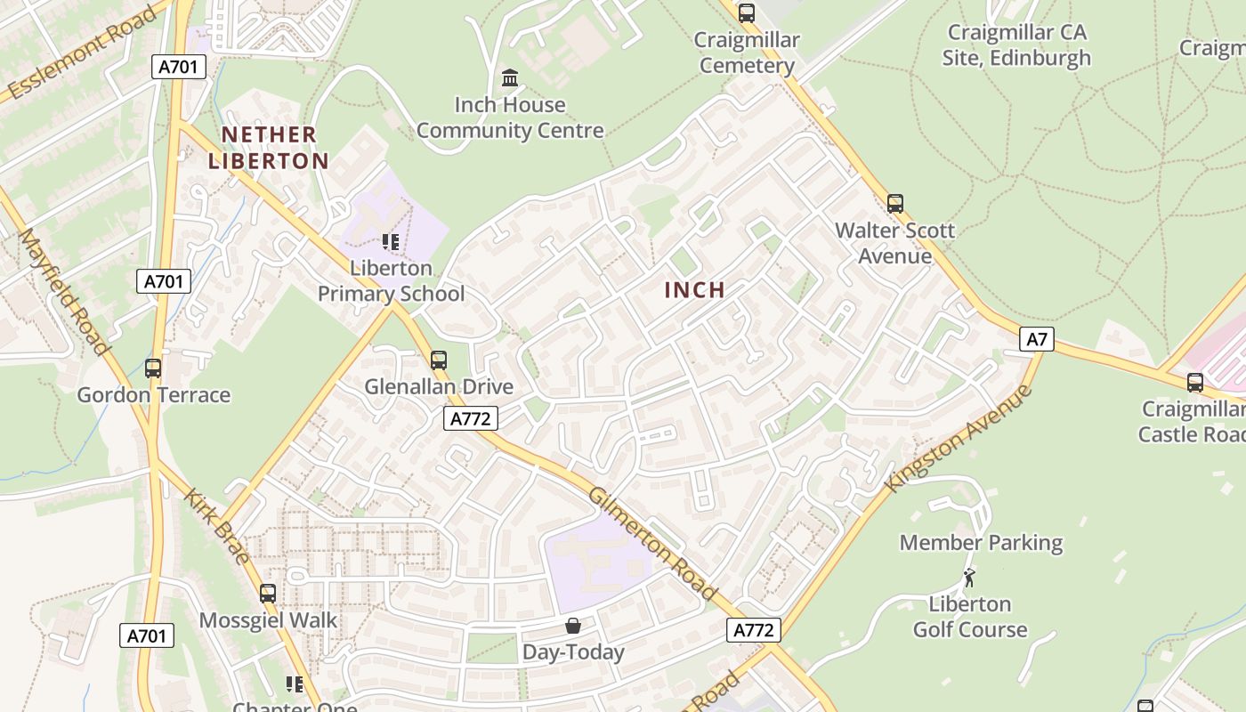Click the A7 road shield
[1037, 339]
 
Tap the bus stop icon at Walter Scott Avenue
[895, 204]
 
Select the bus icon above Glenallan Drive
[439, 360]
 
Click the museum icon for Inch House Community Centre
[510, 78]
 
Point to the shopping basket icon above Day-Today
[573, 626]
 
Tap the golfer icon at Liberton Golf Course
[969, 578]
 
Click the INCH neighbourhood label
[694, 290]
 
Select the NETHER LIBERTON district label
[269, 148]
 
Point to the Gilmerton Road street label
[652, 544]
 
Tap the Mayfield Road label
[64, 291]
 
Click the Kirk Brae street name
[217, 525]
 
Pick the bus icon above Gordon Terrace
[153, 368]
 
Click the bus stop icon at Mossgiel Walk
[268, 594]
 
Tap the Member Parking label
[981, 543]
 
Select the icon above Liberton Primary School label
[391, 241]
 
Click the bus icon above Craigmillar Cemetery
[747, 13]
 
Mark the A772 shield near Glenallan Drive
[471, 418]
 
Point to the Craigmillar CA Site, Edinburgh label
[1016, 45]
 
